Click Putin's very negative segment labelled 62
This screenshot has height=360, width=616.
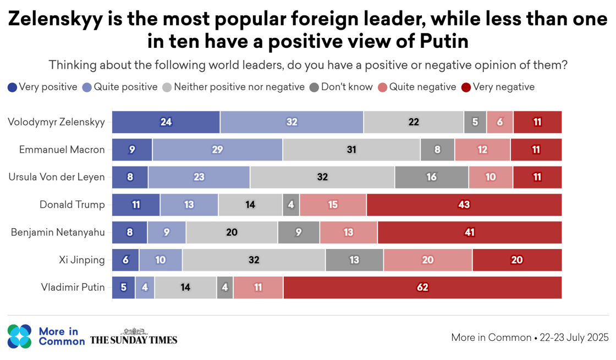click(422, 287)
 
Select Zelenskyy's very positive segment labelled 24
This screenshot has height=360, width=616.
click(166, 122)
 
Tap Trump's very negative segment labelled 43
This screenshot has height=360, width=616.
click(464, 205)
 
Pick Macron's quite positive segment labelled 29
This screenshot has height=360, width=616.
click(217, 149)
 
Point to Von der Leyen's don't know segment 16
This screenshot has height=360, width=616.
click(432, 177)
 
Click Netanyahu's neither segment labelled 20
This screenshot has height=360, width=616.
click(232, 232)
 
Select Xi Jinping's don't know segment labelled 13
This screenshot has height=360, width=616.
click(354, 260)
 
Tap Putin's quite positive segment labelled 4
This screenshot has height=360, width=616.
click(145, 287)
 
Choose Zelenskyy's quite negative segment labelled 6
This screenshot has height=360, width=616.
click(500, 122)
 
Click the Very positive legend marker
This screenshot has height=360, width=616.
click(12, 87)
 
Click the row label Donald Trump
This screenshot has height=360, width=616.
click(72, 205)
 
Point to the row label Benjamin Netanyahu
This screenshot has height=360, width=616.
click(58, 232)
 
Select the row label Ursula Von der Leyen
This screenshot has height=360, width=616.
click(57, 177)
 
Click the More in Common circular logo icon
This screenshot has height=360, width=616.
click(19, 337)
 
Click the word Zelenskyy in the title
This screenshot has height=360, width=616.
click(56, 20)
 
